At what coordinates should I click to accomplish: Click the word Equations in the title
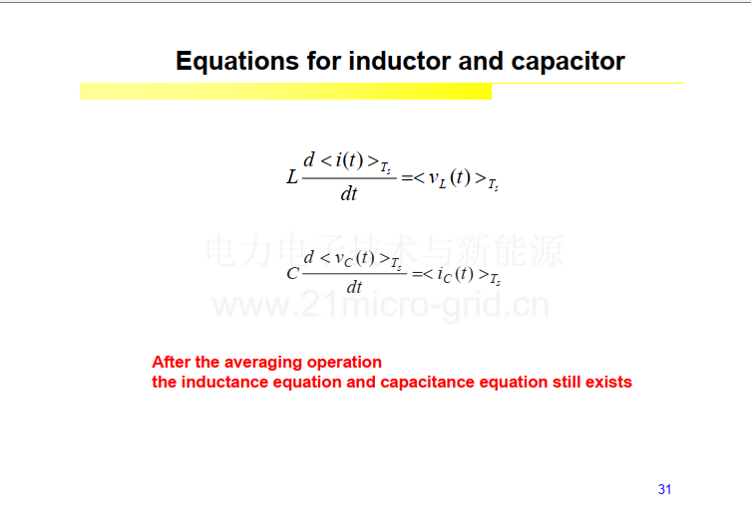(237, 62)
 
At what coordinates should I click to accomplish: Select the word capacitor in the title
(567, 62)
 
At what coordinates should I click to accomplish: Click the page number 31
(664, 489)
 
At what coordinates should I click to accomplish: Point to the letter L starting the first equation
(291, 177)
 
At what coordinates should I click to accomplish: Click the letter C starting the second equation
(292, 273)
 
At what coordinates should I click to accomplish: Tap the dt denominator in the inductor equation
(349, 193)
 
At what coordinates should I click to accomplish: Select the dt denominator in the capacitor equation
(354, 287)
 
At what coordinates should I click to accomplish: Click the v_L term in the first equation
(437, 179)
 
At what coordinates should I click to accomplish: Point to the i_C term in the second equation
(444, 276)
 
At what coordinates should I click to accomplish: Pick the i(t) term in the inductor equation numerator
(349, 160)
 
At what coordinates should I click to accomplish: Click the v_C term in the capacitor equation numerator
(343, 259)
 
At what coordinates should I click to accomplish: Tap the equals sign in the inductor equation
(407, 178)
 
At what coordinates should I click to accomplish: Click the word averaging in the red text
(263, 363)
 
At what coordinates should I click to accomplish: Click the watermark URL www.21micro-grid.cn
(381, 305)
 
